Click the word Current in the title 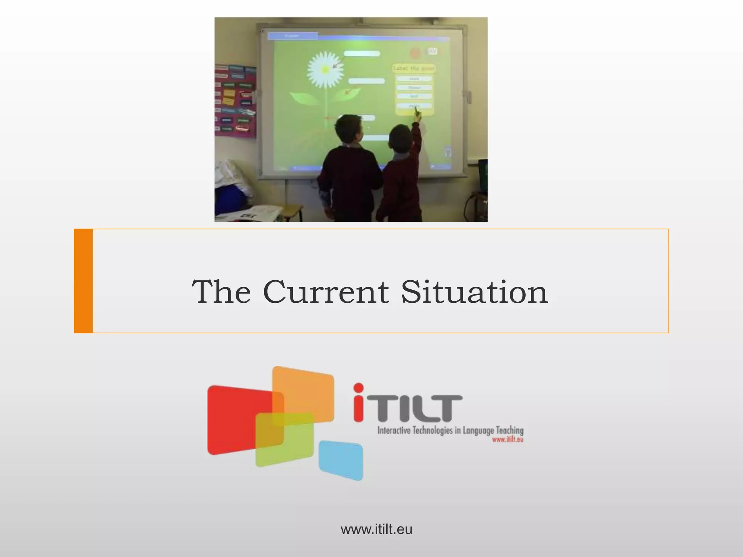click(x=325, y=292)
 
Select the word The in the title click(x=221, y=292)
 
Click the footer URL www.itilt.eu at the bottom click(x=376, y=529)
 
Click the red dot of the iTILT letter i click(x=358, y=388)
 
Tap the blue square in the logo click(x=341, y=460)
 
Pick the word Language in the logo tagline click(x=478, y=431)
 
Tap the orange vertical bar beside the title click(x=83, y=281)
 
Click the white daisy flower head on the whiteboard click(x=325, y=69)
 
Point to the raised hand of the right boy click(x=417, y=116)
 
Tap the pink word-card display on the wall click(x=235, y=101)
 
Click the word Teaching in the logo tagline click(x=510, y=431)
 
